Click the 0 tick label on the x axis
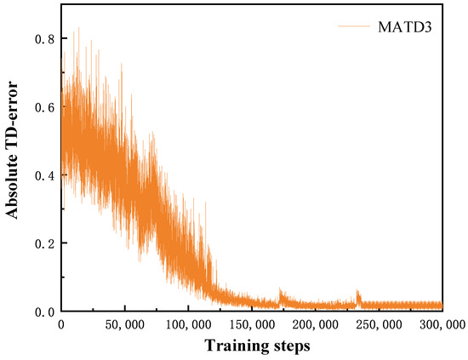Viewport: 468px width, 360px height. [61, 325]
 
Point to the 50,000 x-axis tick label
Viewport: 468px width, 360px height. [124, 325]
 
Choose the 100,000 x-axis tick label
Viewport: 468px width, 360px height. [188, 325]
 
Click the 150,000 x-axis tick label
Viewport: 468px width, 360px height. [252, 325]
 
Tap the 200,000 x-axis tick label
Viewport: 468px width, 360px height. [316, 325]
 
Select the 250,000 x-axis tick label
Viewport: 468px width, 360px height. [379, 325]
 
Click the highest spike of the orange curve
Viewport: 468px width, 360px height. [78, 29]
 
